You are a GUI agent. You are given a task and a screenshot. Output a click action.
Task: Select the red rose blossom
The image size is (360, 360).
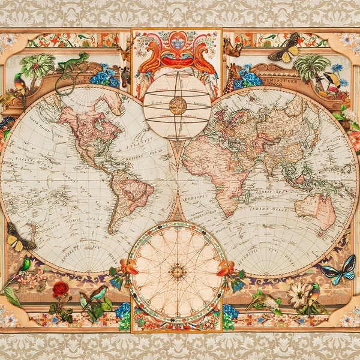pos(61,290)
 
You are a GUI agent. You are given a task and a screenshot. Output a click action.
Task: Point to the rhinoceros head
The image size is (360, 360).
pos(231,47)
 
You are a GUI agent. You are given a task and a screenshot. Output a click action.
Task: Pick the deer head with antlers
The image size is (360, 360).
pos(125,50)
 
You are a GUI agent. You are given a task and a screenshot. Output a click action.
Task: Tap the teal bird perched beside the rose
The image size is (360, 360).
pos(97,294)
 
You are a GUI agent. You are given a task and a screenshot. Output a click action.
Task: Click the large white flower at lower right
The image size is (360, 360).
pos(298,295)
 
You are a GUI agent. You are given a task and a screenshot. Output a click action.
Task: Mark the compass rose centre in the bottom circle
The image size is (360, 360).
pos(177,272)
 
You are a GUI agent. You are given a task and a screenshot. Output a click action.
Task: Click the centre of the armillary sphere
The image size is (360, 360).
pos(178,106)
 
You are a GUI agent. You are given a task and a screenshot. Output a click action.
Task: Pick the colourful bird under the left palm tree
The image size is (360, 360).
pos(20,85)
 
